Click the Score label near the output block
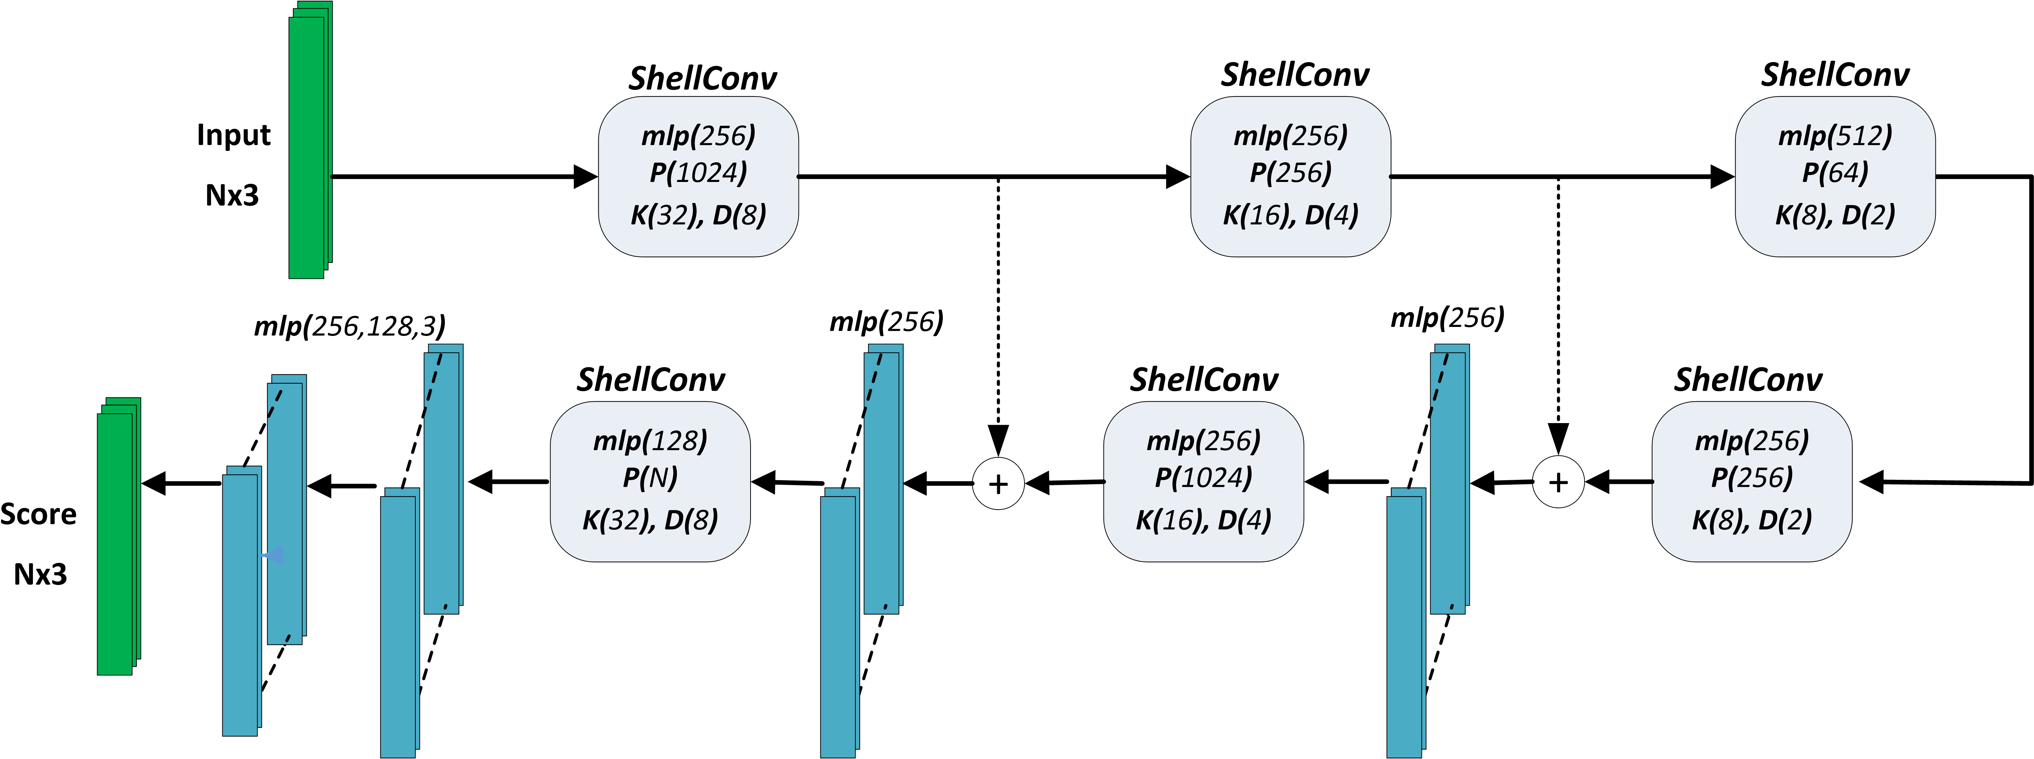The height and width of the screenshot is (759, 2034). coord(39,514)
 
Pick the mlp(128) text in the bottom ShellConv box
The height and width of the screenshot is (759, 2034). coord(650,441)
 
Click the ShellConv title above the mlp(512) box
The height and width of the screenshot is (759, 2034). coord(1835,75)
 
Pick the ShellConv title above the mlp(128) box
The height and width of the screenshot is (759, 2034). coord(651,380)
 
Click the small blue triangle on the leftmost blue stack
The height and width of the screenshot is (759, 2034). coord(273,556)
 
